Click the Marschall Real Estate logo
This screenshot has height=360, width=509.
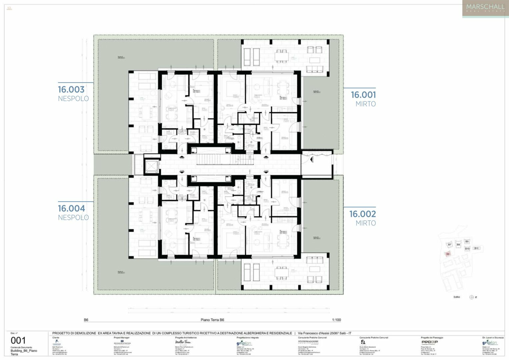point(485,9)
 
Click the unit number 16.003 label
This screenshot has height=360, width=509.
point(71,90)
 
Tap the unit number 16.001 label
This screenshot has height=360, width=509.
point(363,95)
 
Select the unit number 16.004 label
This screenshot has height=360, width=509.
point(71,209)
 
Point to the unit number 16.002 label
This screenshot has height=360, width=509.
point(362,214)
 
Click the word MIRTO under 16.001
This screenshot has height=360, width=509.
point(365,104)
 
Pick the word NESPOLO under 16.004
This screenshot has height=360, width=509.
point(73,218)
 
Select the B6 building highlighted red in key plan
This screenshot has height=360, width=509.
point(448,254)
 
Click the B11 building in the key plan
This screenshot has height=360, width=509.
point(476,248)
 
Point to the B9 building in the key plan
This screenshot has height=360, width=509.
point(467,242)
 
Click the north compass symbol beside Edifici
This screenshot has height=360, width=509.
point(471,297)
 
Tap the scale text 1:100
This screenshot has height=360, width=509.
point(336,320)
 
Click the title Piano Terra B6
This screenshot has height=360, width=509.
point(212,320)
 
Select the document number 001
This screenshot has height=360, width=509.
point(18,341)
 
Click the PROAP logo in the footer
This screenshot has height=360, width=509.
point(429,342)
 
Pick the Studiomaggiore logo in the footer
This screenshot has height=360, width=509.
point(308,342)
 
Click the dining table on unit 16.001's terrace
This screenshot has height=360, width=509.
point(282,55)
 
